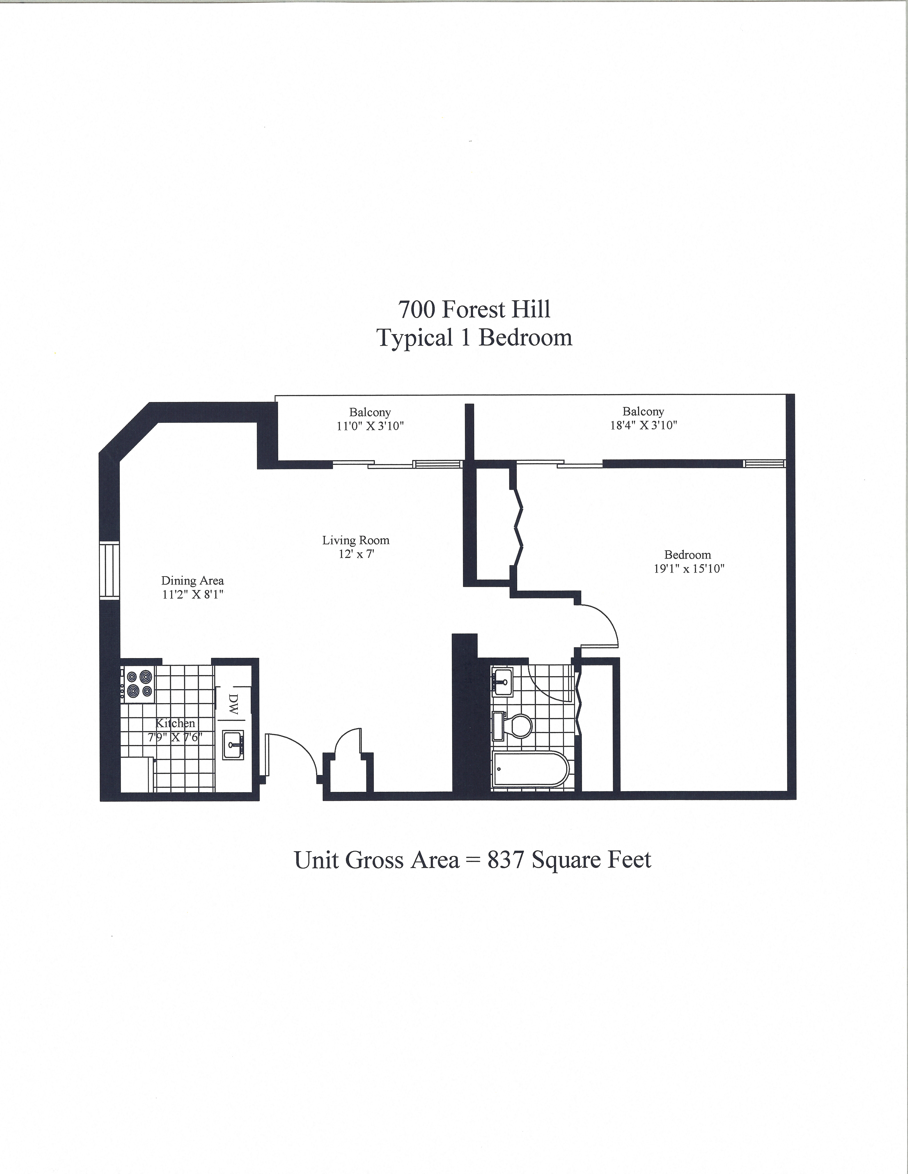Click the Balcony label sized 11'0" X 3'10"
[370, 412]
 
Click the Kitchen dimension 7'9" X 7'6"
[175, 737]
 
